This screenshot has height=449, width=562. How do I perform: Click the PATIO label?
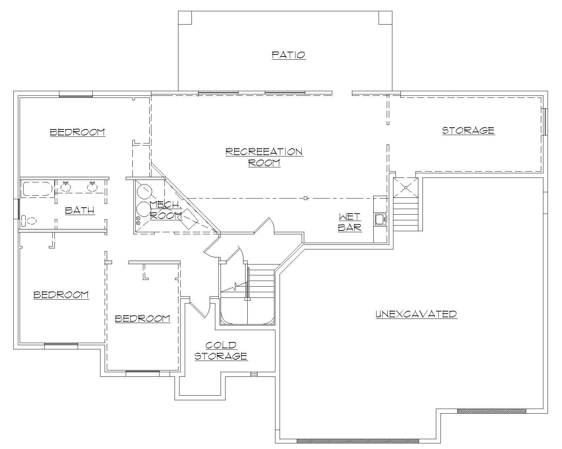(289, 55)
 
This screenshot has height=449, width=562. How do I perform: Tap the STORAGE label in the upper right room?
(468, 130)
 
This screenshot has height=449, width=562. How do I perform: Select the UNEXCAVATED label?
(416, 314)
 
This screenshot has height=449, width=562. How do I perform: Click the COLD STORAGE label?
(221, 351)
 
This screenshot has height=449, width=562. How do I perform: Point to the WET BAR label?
(350, 222)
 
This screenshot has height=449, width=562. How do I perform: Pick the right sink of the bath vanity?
(92, 187)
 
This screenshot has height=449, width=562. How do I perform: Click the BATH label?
(80, 210)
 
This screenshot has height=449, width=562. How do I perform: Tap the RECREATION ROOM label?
(264, 157)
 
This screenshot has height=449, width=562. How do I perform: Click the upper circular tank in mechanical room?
(144, 191)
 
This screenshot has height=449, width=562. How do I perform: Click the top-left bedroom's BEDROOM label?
(77, 132)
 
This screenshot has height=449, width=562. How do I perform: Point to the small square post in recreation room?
(306, 198)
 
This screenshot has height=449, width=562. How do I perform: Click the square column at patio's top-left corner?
(185, 18)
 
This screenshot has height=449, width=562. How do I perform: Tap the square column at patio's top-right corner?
(385, 18)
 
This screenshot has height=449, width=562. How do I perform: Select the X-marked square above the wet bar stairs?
(406, 188)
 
